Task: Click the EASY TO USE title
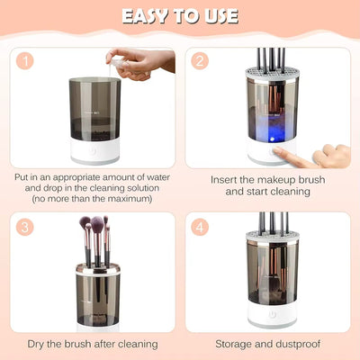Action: click(180, 16)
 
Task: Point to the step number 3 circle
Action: click(28, 228)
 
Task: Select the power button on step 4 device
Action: click(271, 315)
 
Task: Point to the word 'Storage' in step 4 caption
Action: click(235, 344)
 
